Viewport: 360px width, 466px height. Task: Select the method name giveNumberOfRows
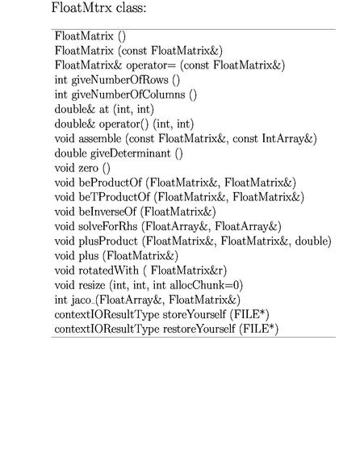(x=119, y=80)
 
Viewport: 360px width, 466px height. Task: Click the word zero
(x=88, y=168)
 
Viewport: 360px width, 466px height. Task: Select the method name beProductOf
(x=110, y=183)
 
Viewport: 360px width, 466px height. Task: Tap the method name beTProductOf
(x=114, y=197)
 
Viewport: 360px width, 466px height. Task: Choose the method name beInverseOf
(x=107, y=212)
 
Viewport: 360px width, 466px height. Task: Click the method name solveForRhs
(x=108, y=226)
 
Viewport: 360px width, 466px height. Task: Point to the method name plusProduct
(x=108, y=241)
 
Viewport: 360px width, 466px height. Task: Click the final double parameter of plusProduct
(x=312, y=241)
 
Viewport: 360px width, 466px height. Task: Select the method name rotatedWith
(x=108, y=271)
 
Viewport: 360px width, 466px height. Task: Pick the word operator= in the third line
(x=151, y=65)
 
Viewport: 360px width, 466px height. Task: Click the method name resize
(x=91, y=285)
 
